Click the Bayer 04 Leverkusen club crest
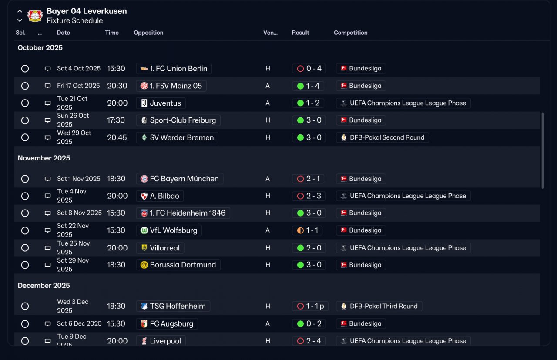click(35, 16)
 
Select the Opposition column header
click(148, 33)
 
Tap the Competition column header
click(350, 33)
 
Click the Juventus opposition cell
click(161, 103)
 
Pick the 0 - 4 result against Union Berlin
click(309, 69)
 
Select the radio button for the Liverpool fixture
click(25, 341)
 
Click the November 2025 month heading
click(44, 158)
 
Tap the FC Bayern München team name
click(184, 179)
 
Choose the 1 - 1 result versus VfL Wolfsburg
click(307, 230)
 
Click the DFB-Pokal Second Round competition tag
click(383, 137)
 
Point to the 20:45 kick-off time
click(117, 137)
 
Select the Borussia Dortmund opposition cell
click(178, 265)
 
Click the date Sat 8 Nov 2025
click(79, 213)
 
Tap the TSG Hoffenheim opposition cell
click(173, 306)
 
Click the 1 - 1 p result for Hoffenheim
click(310, 306)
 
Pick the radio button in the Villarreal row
click(25, 248)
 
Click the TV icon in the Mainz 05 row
click(47, 86)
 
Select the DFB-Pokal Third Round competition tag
click(379, 306)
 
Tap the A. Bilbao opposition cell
click(160, 196)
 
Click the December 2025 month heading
click(44, 286)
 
